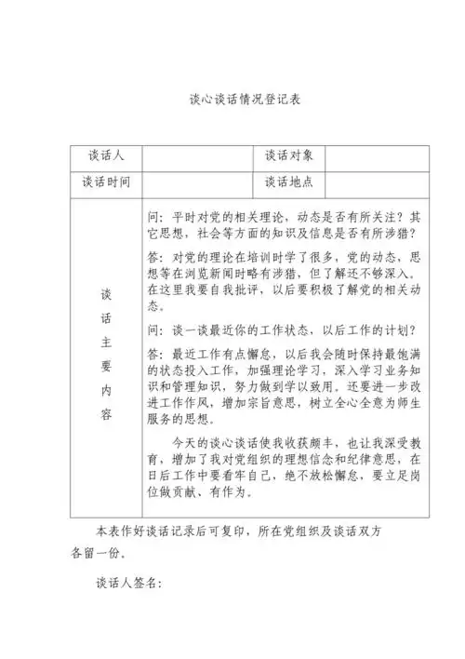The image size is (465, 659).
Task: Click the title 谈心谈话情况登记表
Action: click(x=232, y=97)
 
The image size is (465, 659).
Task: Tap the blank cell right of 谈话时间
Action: click(x=197, y=182)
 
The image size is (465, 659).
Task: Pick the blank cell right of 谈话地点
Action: click(x=383, y=182)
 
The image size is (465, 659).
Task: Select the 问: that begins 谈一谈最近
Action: click(x=156, y=329)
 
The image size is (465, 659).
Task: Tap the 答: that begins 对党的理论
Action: click(x=156, y=255)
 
